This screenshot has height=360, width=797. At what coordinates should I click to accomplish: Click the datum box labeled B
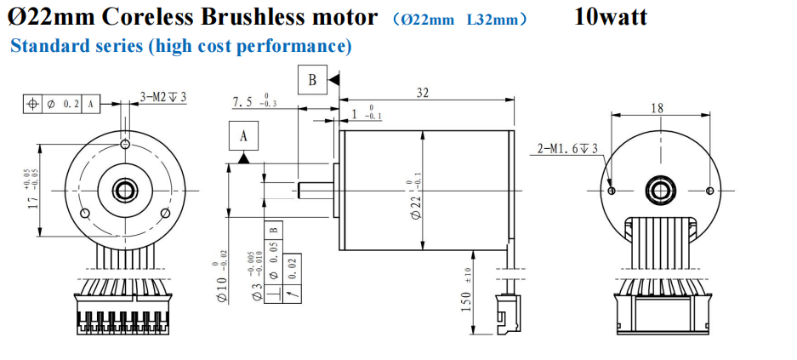[312, 81]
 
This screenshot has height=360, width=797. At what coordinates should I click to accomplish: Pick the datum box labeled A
[243, 137]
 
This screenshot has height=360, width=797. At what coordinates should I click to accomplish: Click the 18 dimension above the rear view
[657, 108]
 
